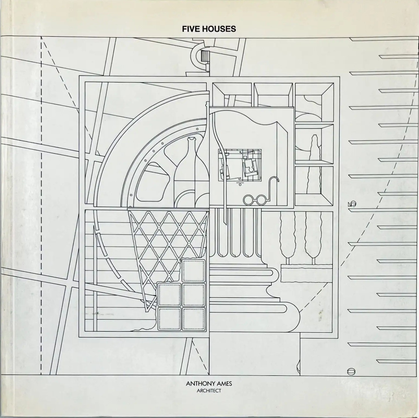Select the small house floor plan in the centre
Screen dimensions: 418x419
coord(240,165)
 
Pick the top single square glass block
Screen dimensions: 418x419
coord(193,271)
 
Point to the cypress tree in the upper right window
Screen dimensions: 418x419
coord(315,166)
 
